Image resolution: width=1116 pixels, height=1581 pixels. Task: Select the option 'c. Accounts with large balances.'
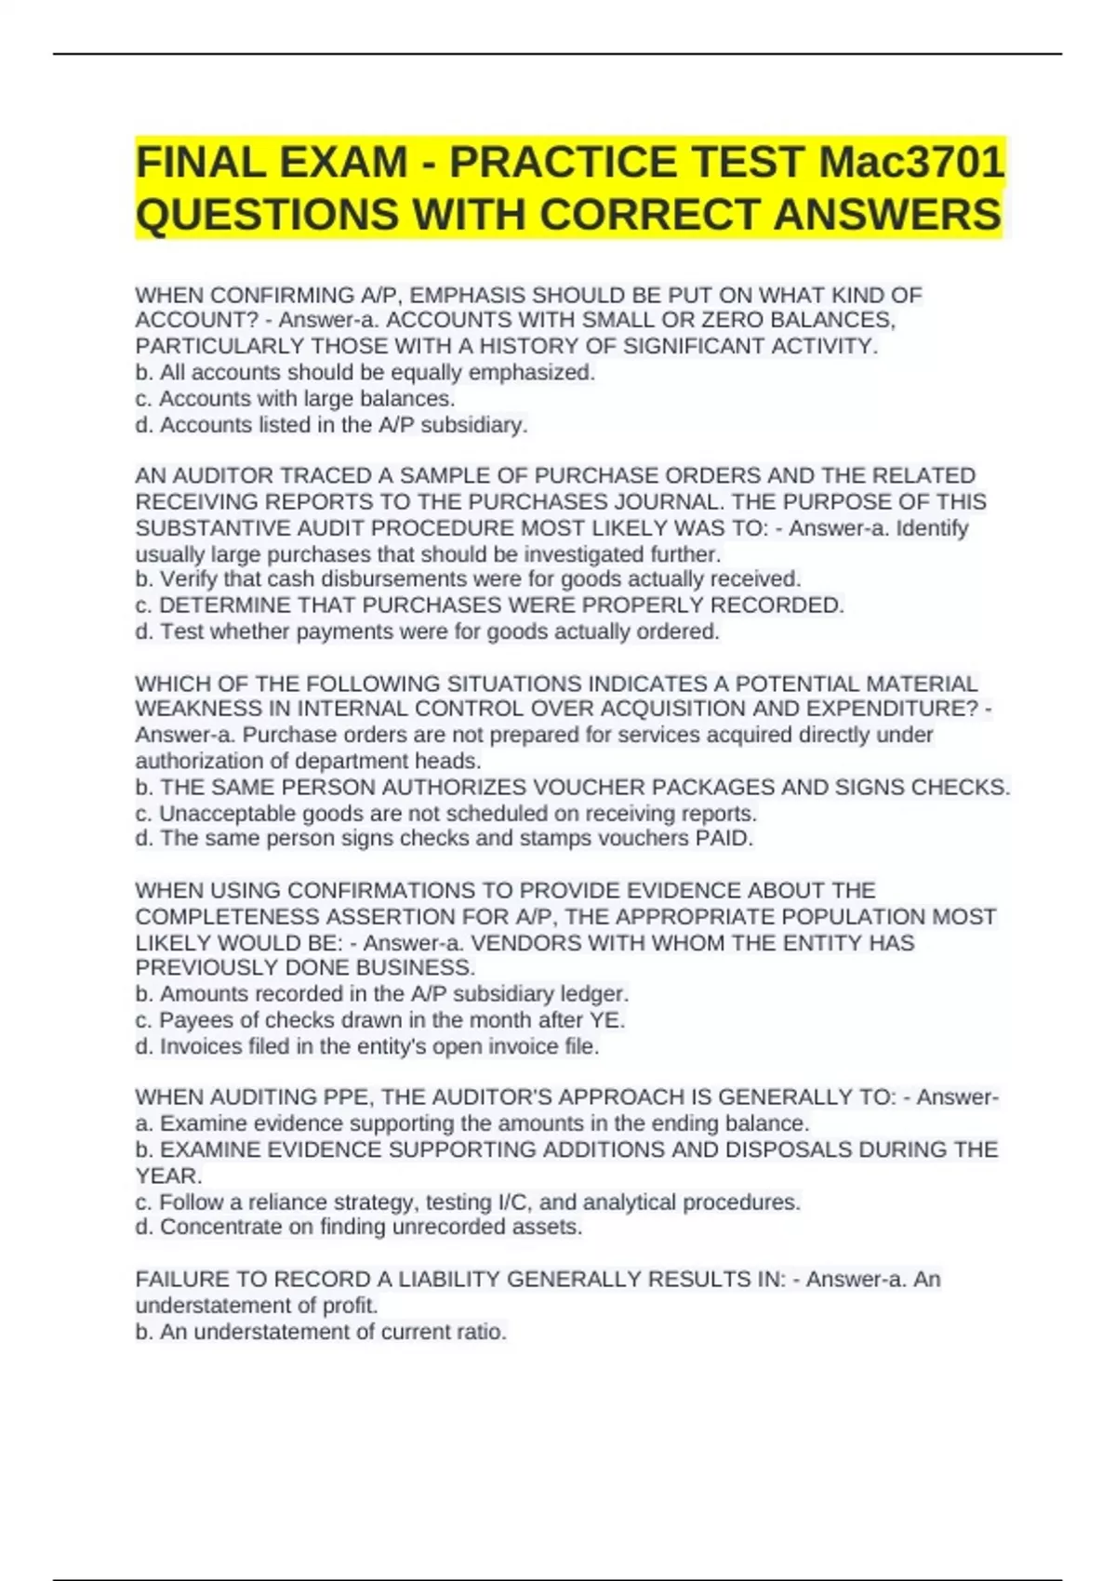(295, 399)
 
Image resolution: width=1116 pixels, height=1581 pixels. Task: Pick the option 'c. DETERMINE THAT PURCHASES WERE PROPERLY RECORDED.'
(489, 605)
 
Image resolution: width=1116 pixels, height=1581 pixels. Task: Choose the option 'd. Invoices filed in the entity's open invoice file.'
(367, 1046)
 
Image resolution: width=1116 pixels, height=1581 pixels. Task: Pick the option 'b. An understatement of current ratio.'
(321, 1332)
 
